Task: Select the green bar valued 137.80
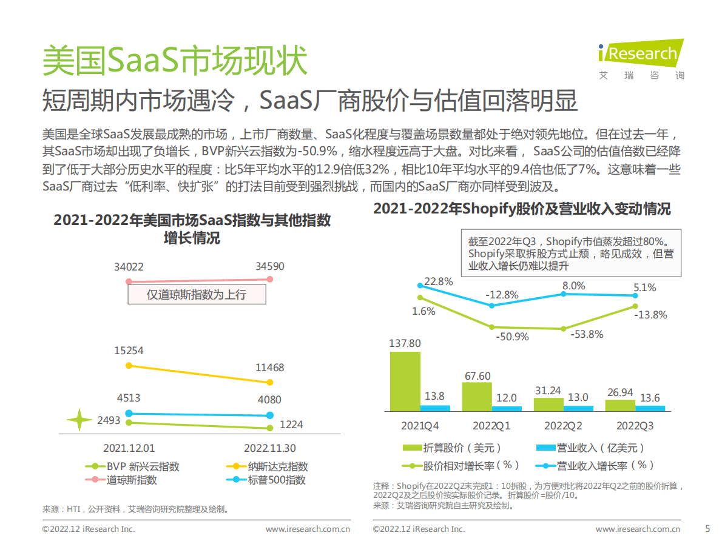point(405,381)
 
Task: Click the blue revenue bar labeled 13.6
point(650,408)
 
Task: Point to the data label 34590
point(269,266)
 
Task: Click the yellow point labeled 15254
point(128,365)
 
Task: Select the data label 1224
point(291,425)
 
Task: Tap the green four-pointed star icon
point(79,420)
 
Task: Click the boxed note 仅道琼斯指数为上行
point(197,295)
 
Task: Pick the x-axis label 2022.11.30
point(270,448)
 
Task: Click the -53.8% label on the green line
point(587,334)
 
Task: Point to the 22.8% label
point(439,281)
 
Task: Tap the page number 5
point(707,528)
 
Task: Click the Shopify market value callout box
point(570,253)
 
